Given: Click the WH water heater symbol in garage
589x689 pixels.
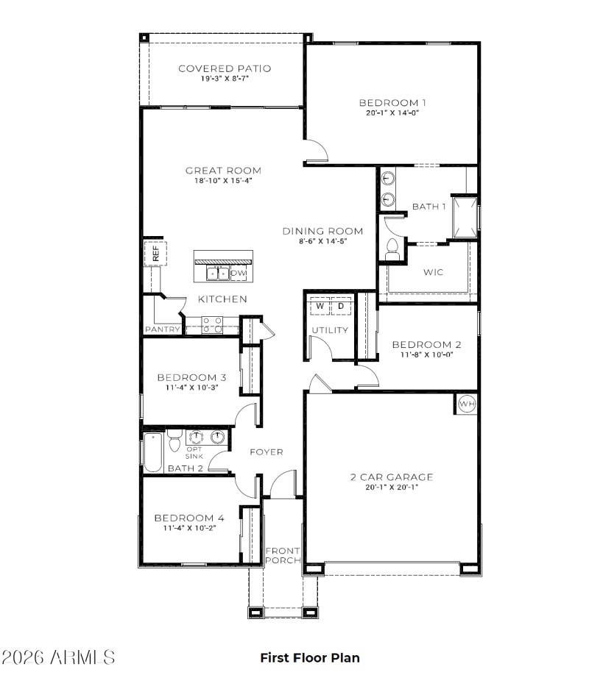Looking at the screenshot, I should click(x=467, y=404).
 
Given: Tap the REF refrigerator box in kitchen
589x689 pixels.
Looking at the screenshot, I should click(x=156, y=254).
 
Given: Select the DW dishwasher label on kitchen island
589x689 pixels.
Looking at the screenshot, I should click(x=239, y=273).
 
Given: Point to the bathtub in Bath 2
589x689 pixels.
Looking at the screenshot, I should click(x=153, y=451).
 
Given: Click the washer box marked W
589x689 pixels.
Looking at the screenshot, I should click(x=320, y=305).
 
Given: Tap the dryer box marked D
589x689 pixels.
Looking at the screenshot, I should click(x=341, y=305).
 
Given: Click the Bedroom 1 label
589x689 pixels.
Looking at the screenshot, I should click(x=392, y=103).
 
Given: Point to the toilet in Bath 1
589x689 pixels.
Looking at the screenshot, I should click(x=392, y=246).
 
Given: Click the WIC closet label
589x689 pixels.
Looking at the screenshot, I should click(x=433, y=272).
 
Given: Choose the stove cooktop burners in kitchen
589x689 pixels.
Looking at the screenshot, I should click(x=213, y=325).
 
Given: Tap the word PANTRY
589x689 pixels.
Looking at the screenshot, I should click(x=162, y=329).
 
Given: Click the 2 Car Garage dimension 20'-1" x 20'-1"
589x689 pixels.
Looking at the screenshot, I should click(x=391, y=487).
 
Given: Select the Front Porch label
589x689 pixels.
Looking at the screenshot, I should click(x=283, y=555).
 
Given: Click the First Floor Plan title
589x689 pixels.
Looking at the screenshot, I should click(x=310, y=657).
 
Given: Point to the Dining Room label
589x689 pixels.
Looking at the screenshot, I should click(x=323, y=231).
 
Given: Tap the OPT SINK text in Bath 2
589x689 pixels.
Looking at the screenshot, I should click(x=194, y=452).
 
